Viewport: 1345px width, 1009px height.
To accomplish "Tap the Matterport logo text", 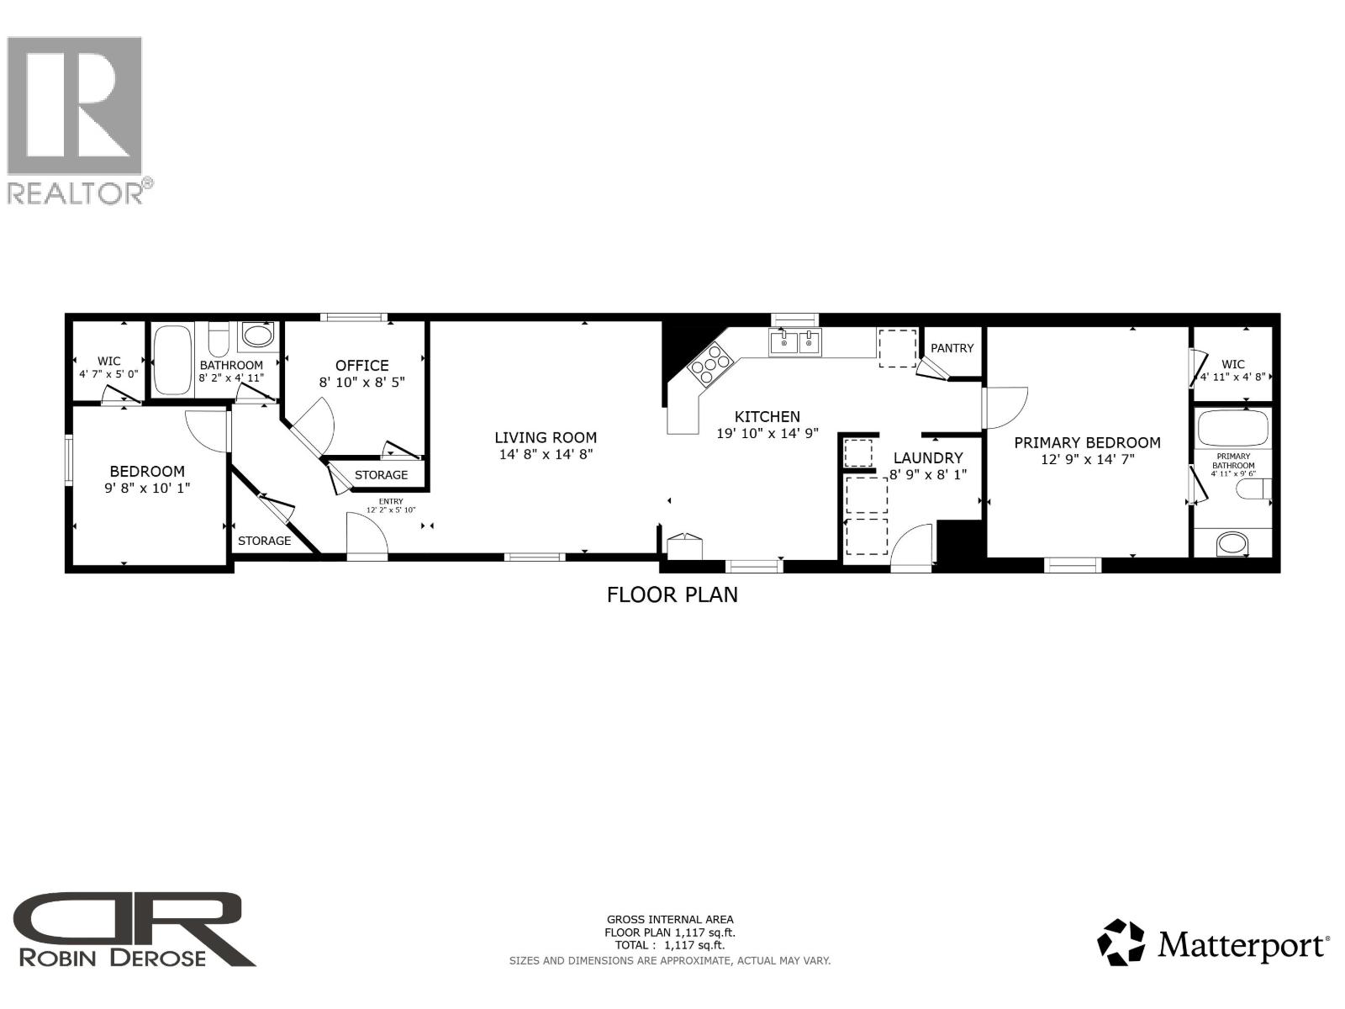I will tap(1242, 946).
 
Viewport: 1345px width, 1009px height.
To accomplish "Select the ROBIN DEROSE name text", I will tap(112, 958).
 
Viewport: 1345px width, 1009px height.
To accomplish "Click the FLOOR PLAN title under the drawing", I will tap(672, 594).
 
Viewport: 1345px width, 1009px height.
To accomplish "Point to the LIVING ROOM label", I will tap(546, 437).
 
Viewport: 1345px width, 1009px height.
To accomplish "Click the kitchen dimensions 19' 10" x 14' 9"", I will tap(767, 434).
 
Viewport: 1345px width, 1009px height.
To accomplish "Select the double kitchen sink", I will tap(794, 342).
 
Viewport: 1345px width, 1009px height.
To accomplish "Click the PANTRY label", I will tap(952, 348).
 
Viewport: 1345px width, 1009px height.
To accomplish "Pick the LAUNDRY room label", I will tap(927, 458).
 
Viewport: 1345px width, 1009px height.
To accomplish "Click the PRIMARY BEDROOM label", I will tap(1087, 442).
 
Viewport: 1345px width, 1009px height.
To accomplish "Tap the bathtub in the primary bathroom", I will tap(1232, 429).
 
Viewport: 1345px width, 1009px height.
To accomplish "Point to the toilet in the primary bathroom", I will tap(1253, 489).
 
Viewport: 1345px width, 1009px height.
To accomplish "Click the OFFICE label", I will tap(361, 366).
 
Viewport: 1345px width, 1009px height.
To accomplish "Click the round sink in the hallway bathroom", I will tap(258, 337).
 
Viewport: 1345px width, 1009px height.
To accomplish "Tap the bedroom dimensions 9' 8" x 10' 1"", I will tap(147, 488).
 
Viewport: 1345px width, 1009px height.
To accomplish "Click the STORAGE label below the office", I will tap(381, 475).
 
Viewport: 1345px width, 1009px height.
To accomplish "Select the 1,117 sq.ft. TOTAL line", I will tap(670, 945).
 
